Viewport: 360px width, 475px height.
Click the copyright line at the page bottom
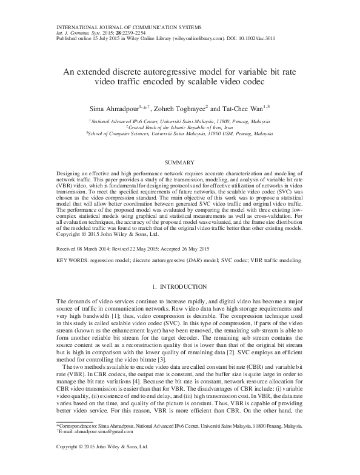click(x=101, y=464)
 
